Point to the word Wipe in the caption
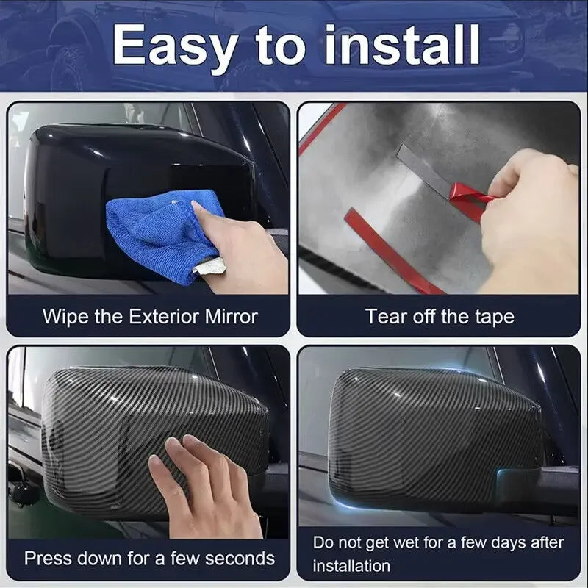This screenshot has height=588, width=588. pos(65,316)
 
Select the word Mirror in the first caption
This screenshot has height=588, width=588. pos(232,316)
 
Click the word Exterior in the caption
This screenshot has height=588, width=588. pos(165,316)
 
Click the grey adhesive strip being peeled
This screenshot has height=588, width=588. pos(424,171)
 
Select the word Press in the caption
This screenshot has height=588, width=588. pos(48,559)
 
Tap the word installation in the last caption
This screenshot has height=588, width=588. pos(351,566)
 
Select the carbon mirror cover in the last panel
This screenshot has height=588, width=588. pos(435,439)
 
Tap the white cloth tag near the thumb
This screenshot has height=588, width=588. pos(209,266)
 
